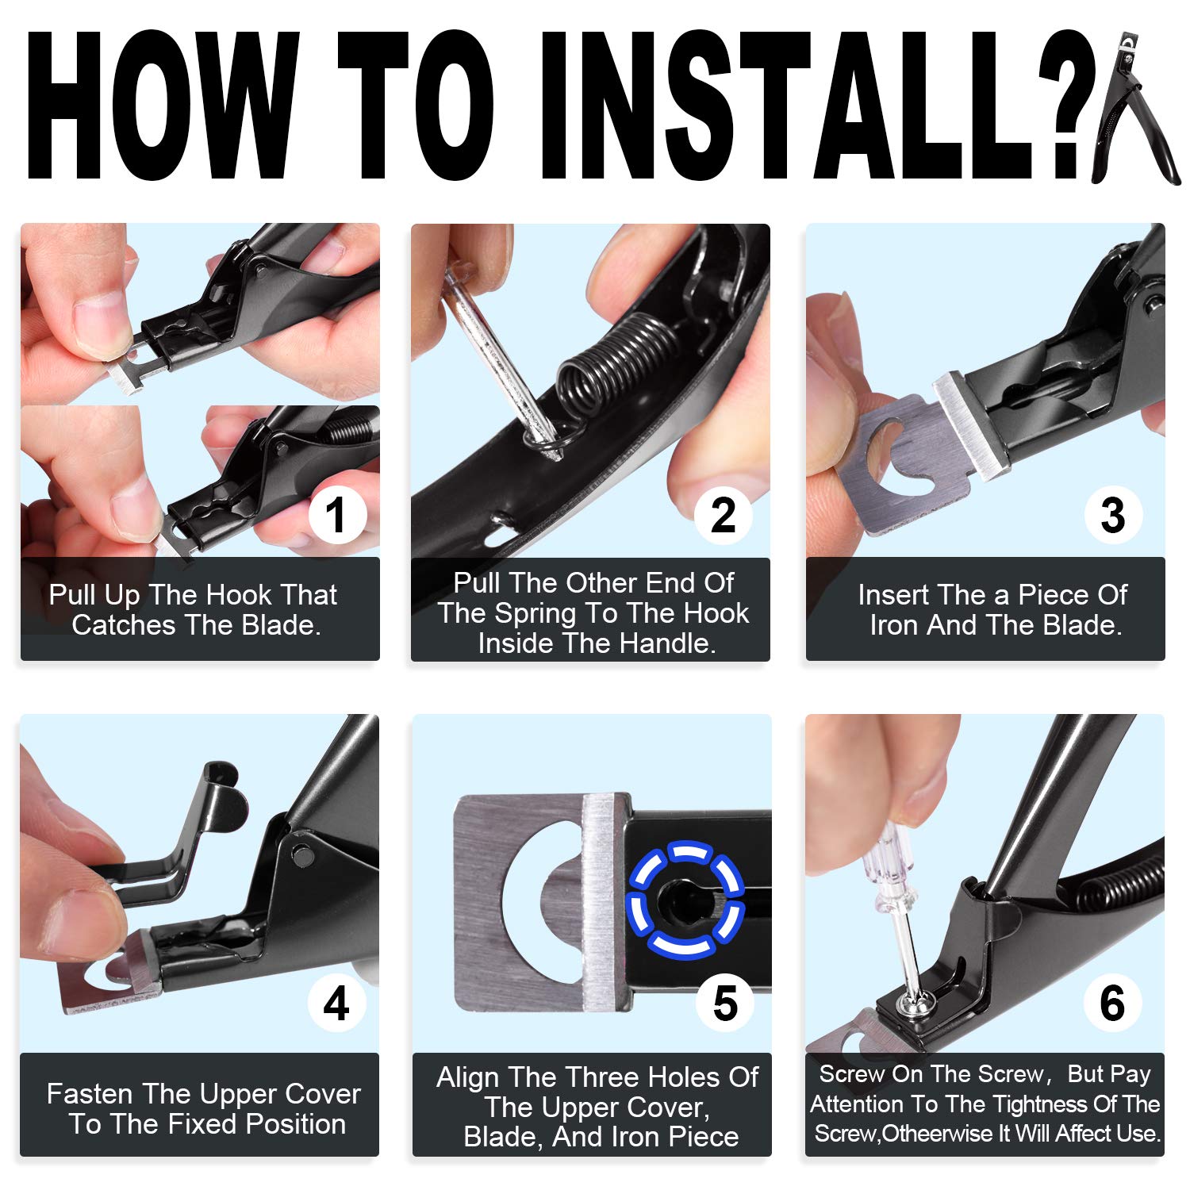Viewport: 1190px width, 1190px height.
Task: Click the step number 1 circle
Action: point(337,516)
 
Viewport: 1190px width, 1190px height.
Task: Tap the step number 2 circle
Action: point(723,516)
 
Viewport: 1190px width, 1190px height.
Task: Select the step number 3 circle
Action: point(1113,516)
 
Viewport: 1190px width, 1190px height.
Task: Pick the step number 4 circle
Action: point(337,1004)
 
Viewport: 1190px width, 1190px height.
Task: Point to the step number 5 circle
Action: point(725,1004)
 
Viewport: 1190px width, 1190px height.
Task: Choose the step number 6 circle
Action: point(1112,1004)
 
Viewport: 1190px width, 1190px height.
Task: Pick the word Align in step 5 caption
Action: point(469,1078)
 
